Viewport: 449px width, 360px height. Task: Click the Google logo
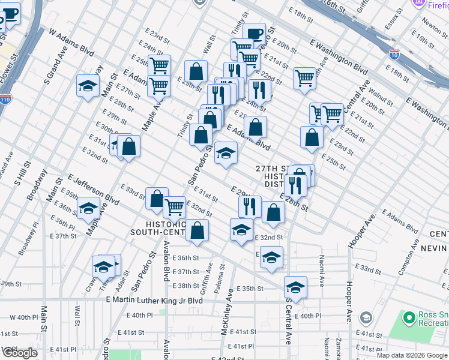(20, 353)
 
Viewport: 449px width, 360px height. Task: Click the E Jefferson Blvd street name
(93, 188)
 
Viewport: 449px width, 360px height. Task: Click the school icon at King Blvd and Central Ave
(295, 287)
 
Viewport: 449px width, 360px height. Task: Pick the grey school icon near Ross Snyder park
(365, 317)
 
